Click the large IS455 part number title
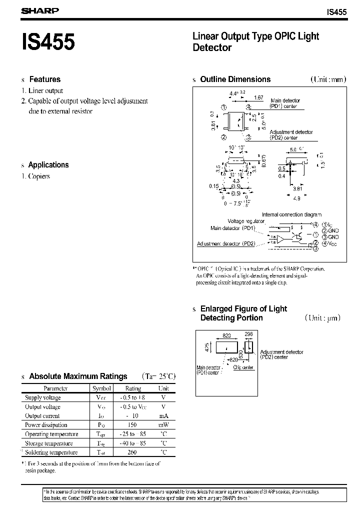pyautogui.click(x=48, y=42)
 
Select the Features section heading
pyautogui.click(x=44, y=79)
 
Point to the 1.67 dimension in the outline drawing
pyautogui.click(x=258, y=97)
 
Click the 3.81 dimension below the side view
pyautogui.click(x=296, y=189)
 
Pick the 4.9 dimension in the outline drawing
pyautogui.click(x=296, y=198)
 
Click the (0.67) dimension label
pyautogui.click(x=263, y=160)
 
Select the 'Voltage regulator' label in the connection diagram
pyautogui.click(x=246, y=221)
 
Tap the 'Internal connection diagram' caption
pyautogui.click(x=292, y=214)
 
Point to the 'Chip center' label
pyautogui.click(x=244, y=367)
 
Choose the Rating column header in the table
pyautogui.click(x=133, y=388)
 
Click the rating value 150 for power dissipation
pyautogui.click(x=133, y=425)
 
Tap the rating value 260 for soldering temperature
pyautogui.click(x=133, y=452)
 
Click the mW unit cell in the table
pyautogui.click(x=163, y=425)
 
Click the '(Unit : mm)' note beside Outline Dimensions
pyautogui.click(x=328, y=79)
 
